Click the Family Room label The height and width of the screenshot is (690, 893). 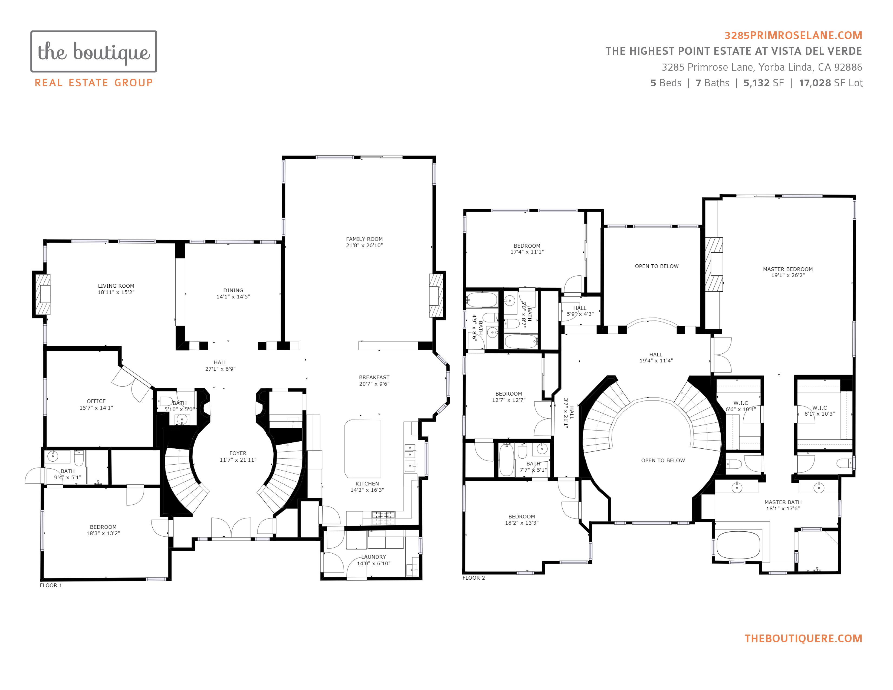click(364, 239)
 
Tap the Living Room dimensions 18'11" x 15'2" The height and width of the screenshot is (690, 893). click(116, 292)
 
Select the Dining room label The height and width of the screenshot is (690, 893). click(233, 290)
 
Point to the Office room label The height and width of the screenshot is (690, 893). click(96, 401)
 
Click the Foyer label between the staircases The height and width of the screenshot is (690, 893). click(238, 453)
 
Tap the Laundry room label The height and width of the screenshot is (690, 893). click(374, 557)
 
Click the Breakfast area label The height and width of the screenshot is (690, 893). click(374, 377)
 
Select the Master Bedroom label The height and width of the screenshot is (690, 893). click(788, 269)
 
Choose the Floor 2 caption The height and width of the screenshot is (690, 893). click(474, 578)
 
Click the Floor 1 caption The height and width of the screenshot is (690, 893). click(51, 585)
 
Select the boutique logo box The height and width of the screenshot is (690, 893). click(94, 51)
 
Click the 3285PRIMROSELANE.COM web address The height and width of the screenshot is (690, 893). click(793, 35)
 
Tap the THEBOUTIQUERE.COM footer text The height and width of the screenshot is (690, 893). click(803, 639)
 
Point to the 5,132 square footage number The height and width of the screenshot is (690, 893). click(756, 83)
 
